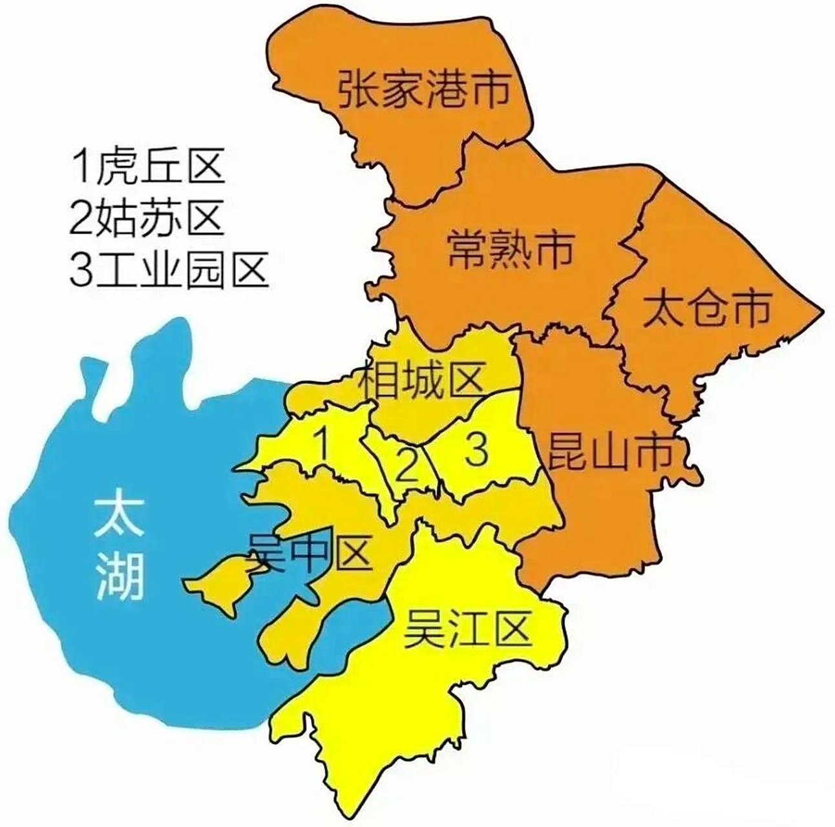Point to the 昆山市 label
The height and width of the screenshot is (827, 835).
tap(608, 452)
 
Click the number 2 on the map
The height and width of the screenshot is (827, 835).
tap(407, 467)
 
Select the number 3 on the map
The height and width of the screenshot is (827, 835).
tap(476, 450)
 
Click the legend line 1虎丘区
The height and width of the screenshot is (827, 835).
tap(148, 167)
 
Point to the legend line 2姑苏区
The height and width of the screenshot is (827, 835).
tap(147, 218)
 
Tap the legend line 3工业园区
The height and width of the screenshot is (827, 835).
tap(169, 269)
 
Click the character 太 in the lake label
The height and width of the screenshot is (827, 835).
tap(118, 514)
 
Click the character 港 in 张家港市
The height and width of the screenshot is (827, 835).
tap(446, 90)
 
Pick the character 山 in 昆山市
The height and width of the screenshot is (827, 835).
tap(608, 452)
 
